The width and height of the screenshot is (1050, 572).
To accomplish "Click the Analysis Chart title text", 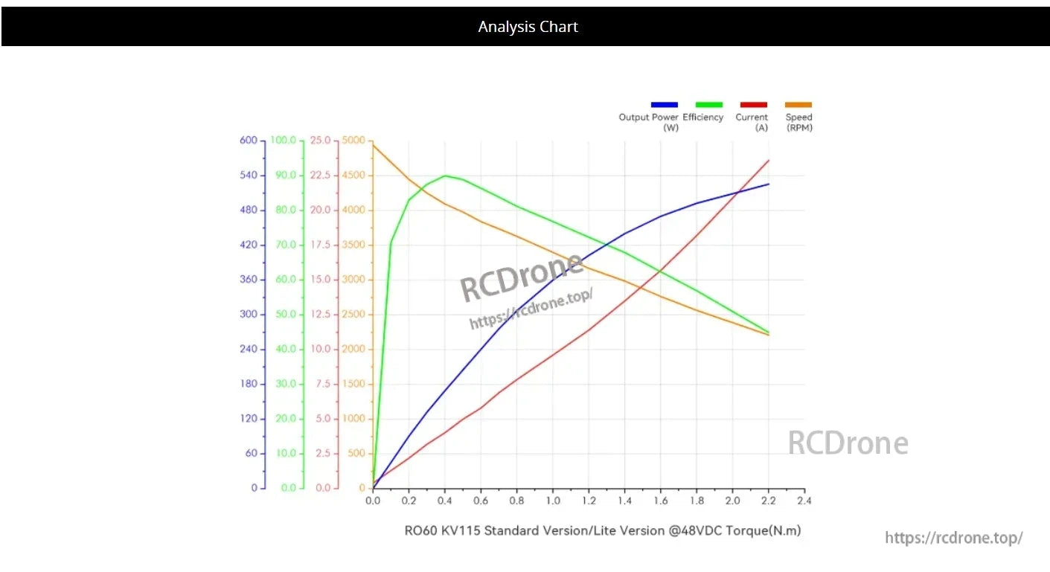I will point(528,27).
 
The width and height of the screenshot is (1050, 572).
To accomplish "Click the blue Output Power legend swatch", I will point(664,105).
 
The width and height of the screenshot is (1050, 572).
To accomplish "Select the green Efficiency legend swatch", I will point(708,105).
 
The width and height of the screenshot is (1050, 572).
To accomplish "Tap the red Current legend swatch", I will point(753,105).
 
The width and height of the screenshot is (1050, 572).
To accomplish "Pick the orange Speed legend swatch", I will point(798,105).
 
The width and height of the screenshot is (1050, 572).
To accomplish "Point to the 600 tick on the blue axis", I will point(249,141).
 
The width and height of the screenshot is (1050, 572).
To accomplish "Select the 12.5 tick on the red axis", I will point(321,315).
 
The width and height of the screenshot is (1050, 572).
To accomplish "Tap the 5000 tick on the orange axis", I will point(353,141).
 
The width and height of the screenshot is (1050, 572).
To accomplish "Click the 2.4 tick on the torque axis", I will point(804,501).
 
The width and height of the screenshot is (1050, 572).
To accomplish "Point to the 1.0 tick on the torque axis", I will point(553,501).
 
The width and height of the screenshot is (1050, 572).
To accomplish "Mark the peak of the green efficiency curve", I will point(445,176).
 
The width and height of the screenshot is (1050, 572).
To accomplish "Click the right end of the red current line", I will point(769,160).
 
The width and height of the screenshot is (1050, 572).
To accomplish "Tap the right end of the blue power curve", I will point(769,184).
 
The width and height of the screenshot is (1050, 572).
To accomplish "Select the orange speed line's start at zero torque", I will point(373,144).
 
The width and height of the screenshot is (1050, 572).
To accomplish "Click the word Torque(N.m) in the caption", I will point(768,531).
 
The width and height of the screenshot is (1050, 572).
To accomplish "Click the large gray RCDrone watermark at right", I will point(848,443).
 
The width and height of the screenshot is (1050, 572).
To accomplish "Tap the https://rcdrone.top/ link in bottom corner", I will point(953,538).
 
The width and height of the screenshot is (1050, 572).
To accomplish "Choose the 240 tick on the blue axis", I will point(249,350).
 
